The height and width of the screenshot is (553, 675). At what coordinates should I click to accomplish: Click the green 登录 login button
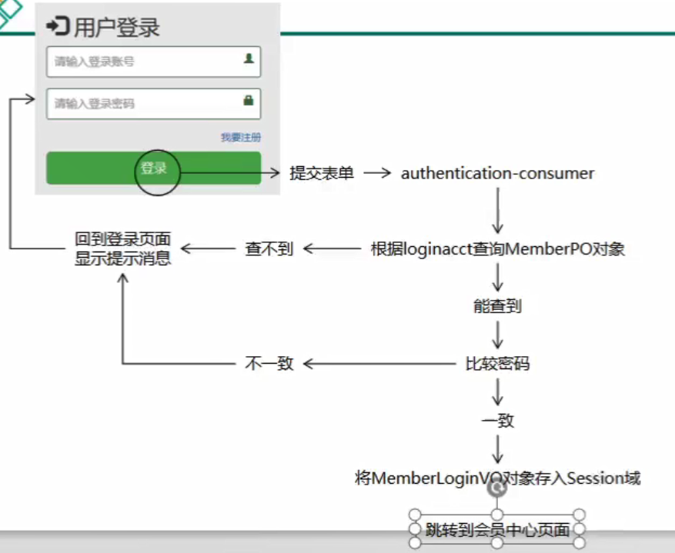point(154,168)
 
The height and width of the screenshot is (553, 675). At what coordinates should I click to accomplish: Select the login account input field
point(146,62)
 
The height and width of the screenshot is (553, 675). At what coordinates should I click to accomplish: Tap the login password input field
point(146,103)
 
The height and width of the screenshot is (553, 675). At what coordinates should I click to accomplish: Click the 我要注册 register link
point(241,137)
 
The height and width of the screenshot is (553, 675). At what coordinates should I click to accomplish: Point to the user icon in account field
point(249,58)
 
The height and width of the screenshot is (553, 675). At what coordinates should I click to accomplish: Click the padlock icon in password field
point(249,100)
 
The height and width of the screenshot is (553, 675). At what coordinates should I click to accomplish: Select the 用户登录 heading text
point(117,28)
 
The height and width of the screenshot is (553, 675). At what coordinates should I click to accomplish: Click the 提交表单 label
point(322,173)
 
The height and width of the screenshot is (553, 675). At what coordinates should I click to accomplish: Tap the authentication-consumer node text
point(497,173)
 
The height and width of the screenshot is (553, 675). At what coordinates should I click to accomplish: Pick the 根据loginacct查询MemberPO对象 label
point(497,249)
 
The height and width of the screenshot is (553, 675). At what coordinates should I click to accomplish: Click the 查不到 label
point(269,249)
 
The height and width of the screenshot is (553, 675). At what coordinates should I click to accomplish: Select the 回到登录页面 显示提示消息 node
point(123,249)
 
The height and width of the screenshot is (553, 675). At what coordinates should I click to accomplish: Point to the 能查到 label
point(497,305)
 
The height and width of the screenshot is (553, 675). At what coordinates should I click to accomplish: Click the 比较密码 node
point(497,363)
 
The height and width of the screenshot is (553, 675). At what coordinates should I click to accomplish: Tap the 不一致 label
point(269,363)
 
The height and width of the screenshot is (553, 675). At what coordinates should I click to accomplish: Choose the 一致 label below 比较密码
point(497,421)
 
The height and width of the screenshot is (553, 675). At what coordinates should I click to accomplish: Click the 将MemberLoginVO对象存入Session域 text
point(497,478)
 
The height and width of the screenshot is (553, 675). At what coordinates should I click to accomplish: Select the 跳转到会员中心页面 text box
point(497,529)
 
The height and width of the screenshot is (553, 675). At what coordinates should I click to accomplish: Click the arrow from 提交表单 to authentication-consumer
point(378,173)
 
